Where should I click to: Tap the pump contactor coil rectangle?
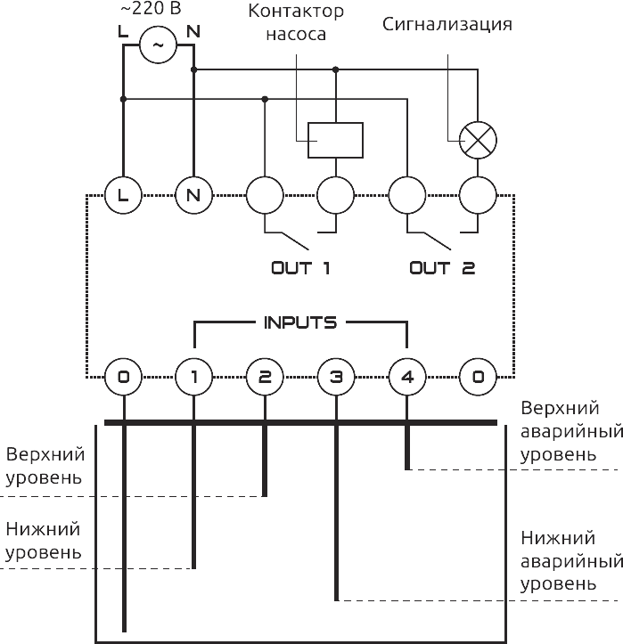[x=335, y=140]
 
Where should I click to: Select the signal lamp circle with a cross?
[x=478, y=140]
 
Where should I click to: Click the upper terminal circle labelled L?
[x=123, y=195]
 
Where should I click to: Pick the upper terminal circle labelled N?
[x=193, y=195]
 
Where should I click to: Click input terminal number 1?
[x=193, y=378]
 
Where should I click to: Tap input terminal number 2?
[x=265, y=378]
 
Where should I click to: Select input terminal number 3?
[x=336, y=378]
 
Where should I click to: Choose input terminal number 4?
[x=407, y=378]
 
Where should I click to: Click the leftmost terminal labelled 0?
[x=123, y=378]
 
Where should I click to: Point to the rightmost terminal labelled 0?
[x=479, y=378]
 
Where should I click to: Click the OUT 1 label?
[x=300, y=267]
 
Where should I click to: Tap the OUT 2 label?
[x=442, y=267]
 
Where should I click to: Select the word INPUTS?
[x=300, y=322]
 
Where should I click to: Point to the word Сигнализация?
[x=447, y=24]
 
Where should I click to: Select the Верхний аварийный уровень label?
[x=570, y=431]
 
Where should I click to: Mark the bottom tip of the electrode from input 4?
[x=407, y=469]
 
